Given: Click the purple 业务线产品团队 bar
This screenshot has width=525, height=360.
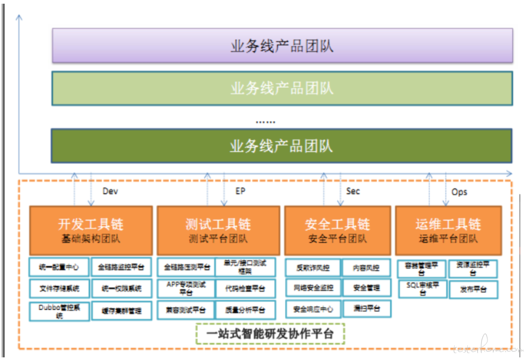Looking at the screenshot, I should [x=282, y=45].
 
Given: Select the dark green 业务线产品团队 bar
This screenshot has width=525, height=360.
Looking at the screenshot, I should [x=282, y=145].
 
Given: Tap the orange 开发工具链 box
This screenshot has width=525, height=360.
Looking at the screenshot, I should [x=91, y=230].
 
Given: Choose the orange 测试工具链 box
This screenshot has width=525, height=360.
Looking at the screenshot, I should [x=218, y=230].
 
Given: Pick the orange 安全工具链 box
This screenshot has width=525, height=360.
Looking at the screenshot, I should [x=337, y=230].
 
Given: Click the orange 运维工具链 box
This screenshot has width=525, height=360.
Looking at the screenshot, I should [x=448, y=230].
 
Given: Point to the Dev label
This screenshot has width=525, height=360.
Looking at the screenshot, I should [x=110, y=191].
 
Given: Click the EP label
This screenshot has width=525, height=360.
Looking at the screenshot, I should [x=241, y=191].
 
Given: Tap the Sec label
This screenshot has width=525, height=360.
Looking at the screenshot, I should [x=353, y=191].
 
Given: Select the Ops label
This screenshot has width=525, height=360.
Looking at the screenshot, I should [x=459, y=192].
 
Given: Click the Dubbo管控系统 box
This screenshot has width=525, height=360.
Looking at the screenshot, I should [x=59, y=310].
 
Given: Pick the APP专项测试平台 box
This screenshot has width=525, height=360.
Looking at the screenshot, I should [x=186, y=289].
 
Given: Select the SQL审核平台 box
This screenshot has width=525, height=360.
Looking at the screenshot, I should [x=422, y=289].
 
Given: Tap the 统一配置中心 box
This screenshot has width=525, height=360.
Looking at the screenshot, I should [x=59, y=267].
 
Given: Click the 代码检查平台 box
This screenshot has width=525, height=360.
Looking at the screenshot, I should [x=245, y=289].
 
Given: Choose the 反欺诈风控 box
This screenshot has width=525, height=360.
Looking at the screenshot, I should [x=313, y=267].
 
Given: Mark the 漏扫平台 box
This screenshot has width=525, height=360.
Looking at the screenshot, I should [x=366, y=309].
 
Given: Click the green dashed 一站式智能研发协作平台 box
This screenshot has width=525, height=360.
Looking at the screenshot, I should [x=270, y=334].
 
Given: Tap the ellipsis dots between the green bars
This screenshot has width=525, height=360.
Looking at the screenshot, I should [x=265, y=122].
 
